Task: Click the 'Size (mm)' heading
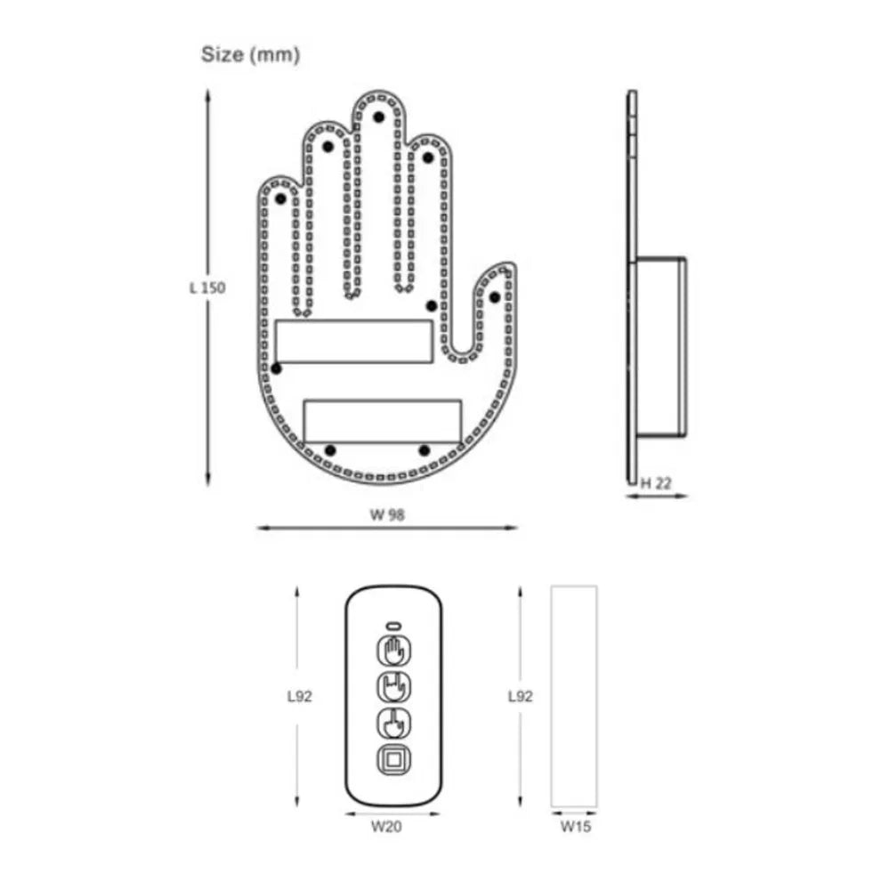(250, 55)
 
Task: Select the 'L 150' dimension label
(206, 288)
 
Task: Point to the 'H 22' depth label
(657, 483)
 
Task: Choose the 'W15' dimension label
(575, 826)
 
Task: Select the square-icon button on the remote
(392, 761)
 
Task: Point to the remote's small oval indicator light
(392, 624)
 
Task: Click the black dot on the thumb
(495, 296)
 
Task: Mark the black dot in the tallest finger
(378, 116)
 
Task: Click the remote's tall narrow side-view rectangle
(574, 696)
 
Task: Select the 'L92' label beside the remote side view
(520, 697)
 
